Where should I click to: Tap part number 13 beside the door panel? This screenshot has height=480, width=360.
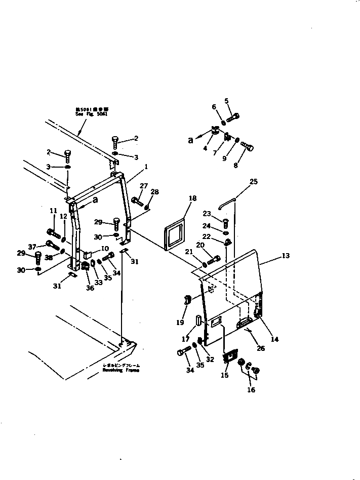pos(286,256)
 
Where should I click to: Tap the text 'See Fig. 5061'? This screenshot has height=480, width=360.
pos(92,115)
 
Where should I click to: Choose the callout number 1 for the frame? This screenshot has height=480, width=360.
pos(146,167)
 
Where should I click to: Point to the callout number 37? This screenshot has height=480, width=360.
pos(33,247)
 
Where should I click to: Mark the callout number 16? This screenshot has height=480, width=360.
pos(251,390)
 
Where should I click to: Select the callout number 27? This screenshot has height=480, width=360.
pos(144,186)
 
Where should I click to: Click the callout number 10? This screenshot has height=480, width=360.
pos(105,248)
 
